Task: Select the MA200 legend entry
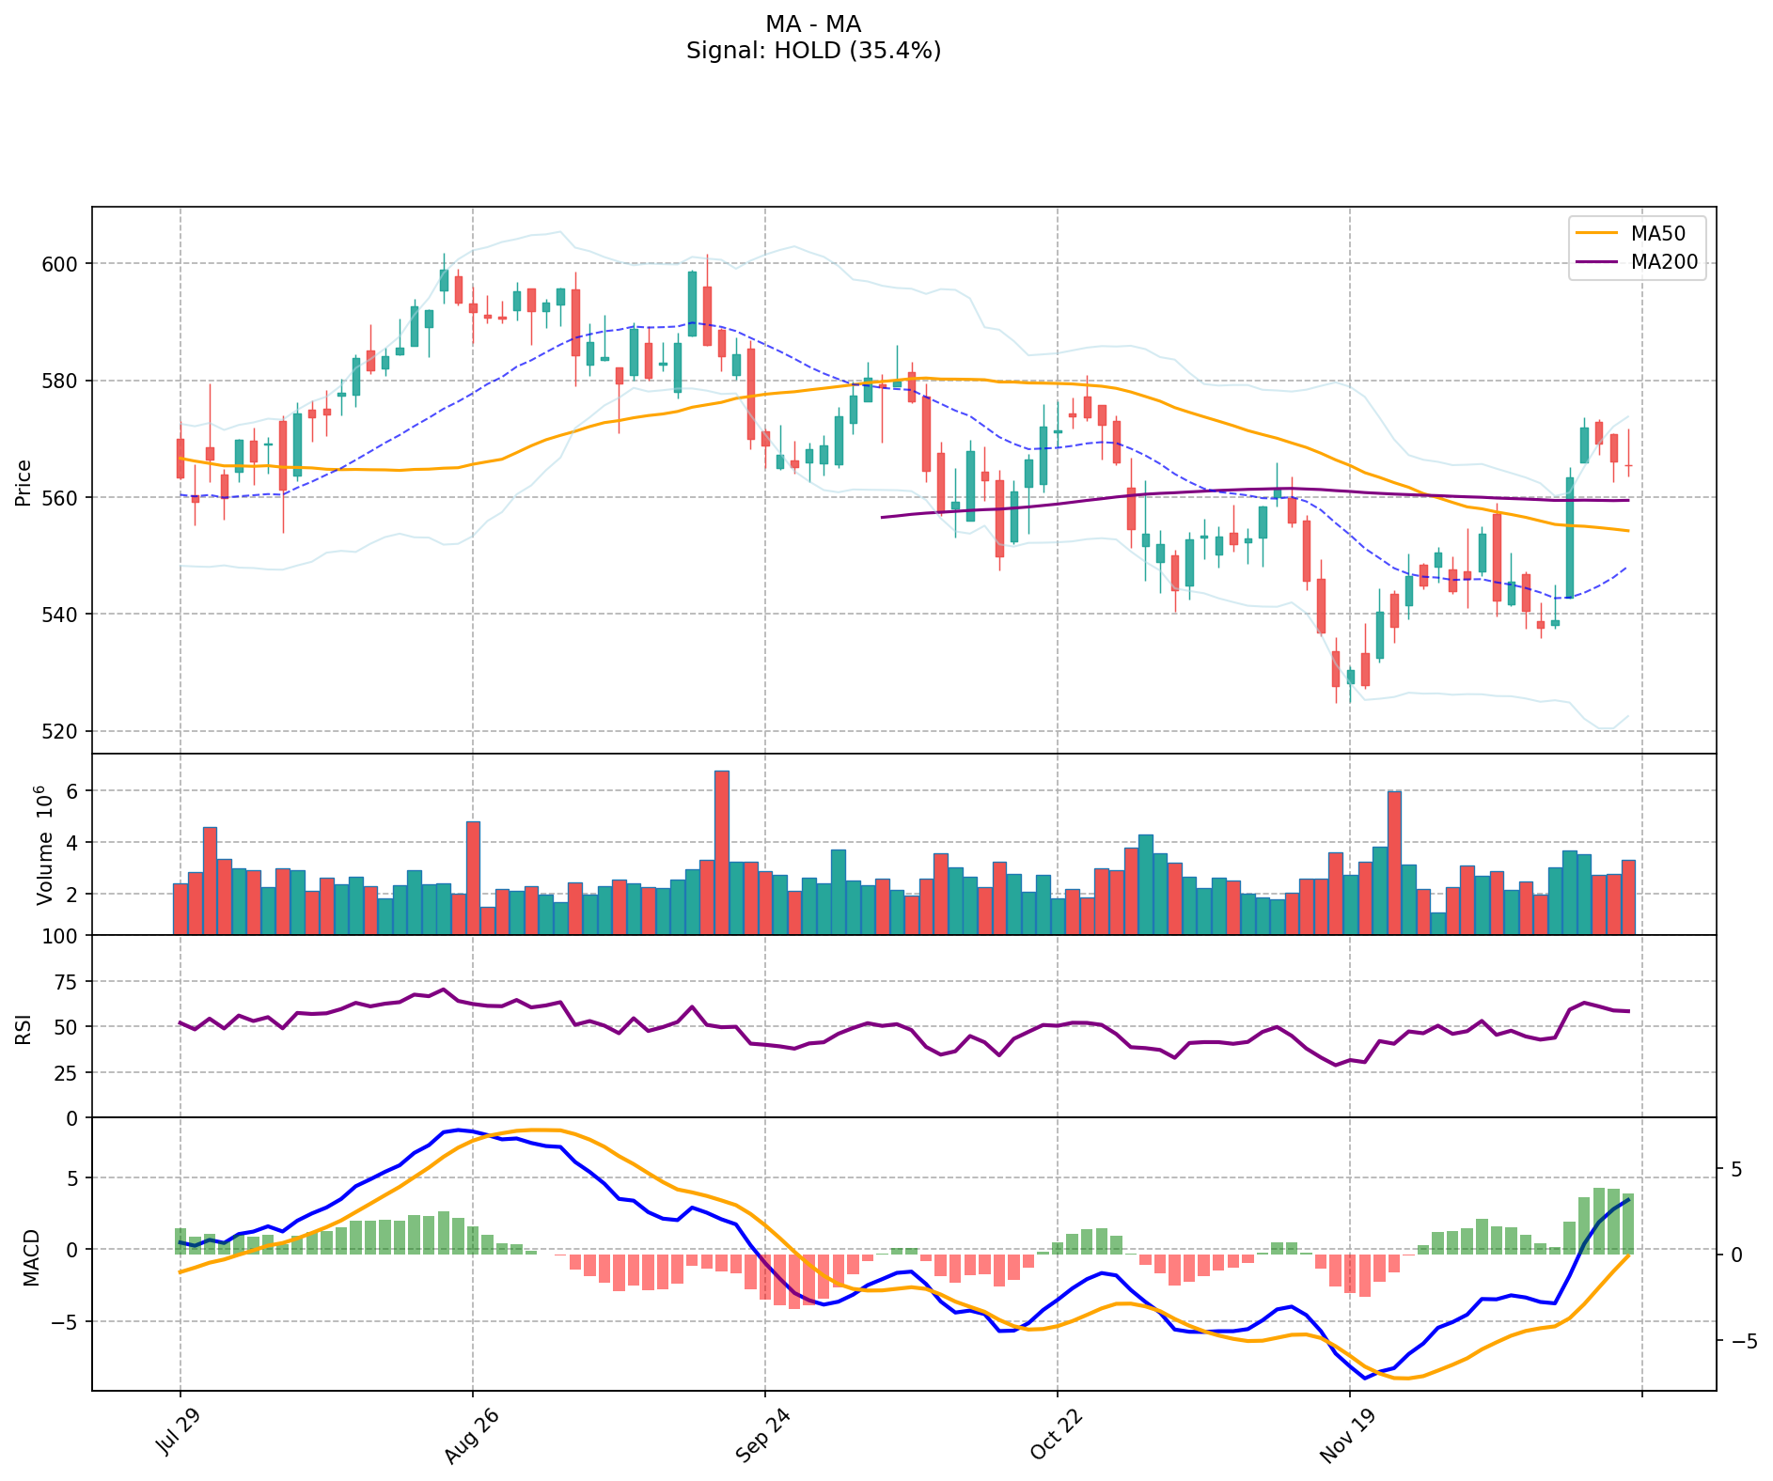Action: pyautogui.click(x=1664, y=262)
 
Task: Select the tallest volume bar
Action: pyautogui.click(x=722, y=852)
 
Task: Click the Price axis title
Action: pyautogui.click(x=24, y=482)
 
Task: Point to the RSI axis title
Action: pyautogui.click(x=24, y=1028)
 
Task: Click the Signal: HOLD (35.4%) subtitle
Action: pyautogui.click(x=813, y=51)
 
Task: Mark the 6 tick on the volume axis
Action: pyautogui.click(x=75, y=791)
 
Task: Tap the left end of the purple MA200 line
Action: pyautogui.click(x=882, y=517)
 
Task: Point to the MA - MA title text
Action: pyautogui.click(x=813, y=24)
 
